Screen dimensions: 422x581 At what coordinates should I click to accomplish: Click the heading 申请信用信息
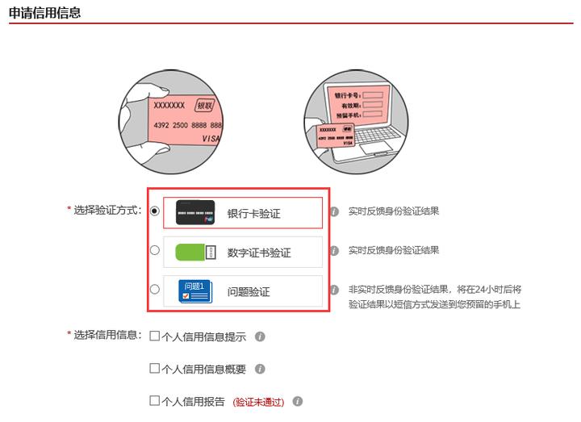pos(44,13)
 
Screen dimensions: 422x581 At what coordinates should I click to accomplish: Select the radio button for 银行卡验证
pos(155,211)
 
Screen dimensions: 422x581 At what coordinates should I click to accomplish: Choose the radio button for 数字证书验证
pos(155,250)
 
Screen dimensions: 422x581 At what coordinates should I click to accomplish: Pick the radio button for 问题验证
pos(155,289)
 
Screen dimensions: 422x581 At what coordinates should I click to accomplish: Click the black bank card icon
pos(194,213)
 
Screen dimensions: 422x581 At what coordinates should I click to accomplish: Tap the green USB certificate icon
pos(194,253)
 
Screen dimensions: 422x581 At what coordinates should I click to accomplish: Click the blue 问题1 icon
pos(194,291)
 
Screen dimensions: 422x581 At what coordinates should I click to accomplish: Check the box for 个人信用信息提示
pos(155,336)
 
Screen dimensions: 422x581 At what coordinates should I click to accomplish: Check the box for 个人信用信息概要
pos(155,369)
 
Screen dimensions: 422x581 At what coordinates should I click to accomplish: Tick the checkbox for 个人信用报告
pos(155,400)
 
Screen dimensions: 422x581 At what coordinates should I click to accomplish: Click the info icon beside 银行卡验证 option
pos(334,211)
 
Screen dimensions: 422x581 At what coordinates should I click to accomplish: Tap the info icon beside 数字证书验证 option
pos(334,250)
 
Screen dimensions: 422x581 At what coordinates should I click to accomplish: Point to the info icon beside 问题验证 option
pos(334,290)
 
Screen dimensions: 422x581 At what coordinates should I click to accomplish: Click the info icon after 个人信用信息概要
pos(260,369)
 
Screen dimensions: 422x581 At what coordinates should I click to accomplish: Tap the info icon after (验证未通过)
pos(298,401)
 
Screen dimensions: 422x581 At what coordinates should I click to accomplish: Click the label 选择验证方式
pos(107,210)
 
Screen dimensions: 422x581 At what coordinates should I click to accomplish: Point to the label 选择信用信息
pos(107,335)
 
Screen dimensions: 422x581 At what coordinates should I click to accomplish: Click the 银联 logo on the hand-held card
pos(206,107)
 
